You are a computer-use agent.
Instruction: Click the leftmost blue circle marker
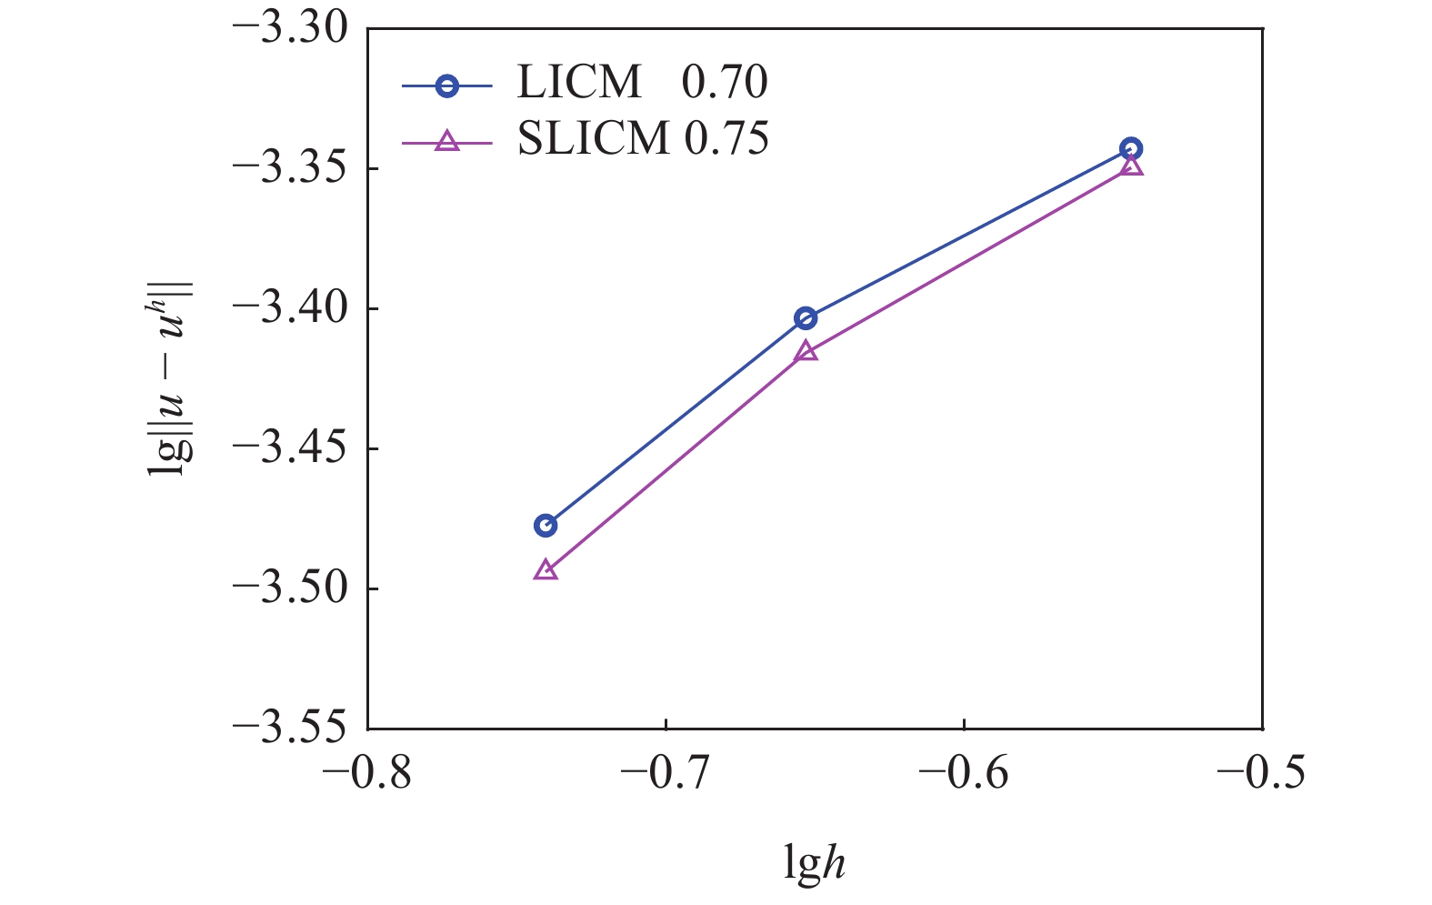[546, 525]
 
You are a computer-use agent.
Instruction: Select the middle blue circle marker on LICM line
[806, 317]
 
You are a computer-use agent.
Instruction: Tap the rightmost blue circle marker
[1131, 148]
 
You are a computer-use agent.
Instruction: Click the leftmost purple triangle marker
[546, 571]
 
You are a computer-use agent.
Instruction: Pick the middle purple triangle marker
[806, 351]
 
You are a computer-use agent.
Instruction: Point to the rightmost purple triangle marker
[1131, 166]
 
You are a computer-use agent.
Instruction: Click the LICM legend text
[579, 83]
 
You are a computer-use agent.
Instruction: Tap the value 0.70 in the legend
[725, 83]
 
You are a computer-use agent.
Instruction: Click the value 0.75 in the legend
[726, 138]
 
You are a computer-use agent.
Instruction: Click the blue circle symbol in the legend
[446, 86]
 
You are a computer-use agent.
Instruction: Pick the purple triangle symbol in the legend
[446, 141]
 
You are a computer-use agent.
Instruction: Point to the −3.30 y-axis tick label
[291, 28]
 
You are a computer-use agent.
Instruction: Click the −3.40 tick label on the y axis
[291, 308]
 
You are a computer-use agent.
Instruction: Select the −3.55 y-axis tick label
[291, 728]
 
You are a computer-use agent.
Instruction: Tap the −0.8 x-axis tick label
[368, 773]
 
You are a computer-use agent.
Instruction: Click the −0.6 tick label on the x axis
[964, 773]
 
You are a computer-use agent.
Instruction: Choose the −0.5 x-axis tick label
[1261, 773]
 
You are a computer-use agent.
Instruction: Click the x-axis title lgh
[815, 862]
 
